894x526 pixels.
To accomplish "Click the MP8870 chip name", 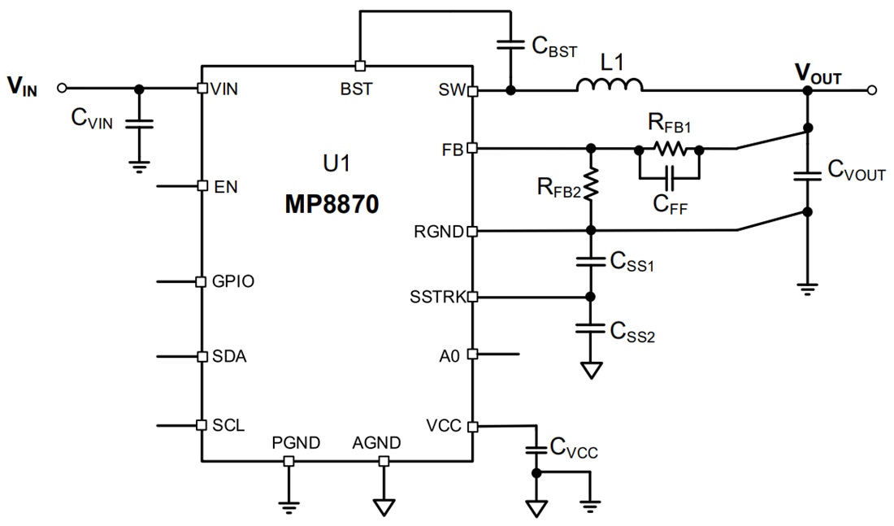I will click(x=332, y=203).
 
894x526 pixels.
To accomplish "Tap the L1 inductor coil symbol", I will click(x=610, y=85).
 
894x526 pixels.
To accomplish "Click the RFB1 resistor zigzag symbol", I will click(x=670, y=149).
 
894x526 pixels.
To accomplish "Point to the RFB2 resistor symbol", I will click(x=591, y=185).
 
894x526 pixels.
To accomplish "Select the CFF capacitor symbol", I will click(x=668, y=176).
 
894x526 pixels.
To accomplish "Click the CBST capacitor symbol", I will click(x=510, y=47).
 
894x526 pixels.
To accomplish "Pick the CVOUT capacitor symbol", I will click(x=807, y=177).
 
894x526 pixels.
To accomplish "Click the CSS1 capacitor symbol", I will click(x=591, y=262).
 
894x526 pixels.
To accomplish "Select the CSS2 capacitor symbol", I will click(x=591, y=328).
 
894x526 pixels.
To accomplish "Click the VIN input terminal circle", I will click(x=61, y=88).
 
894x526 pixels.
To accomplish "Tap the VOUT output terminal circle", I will click(x=871, y=90).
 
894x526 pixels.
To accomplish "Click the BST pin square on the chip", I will click(x=358, y=65).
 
